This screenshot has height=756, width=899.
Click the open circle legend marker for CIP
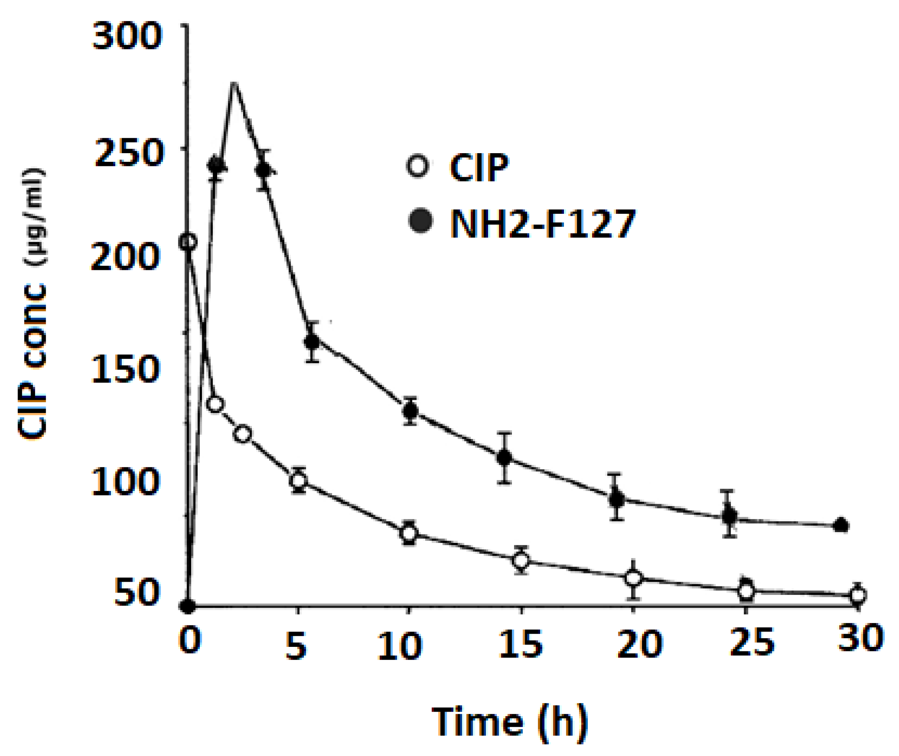(418, 166)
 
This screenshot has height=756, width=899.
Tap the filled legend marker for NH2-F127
(420, 221)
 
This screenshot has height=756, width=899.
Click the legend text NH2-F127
(542, 224)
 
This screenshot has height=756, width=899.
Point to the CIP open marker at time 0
(187, 243)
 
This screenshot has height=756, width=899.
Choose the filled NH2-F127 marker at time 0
(187, 606)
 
